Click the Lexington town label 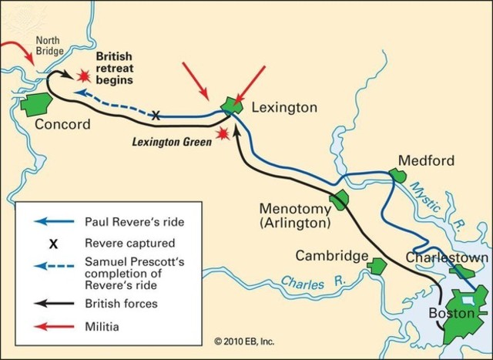[284, 108]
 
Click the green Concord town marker [36, 103]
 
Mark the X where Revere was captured [156, 116]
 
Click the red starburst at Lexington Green [223, 134]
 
